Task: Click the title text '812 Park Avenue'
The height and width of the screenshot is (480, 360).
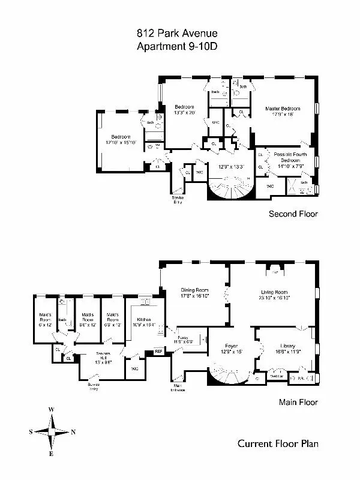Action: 179,35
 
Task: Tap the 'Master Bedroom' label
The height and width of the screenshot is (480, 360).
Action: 283,109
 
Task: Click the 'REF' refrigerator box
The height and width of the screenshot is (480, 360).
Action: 158,352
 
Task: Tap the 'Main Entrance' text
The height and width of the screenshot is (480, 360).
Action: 178,388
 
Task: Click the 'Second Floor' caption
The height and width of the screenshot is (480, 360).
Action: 293,214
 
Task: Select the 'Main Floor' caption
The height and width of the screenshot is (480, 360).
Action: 298,403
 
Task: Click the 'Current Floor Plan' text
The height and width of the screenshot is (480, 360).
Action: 278,444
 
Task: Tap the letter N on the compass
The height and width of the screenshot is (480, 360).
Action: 73,431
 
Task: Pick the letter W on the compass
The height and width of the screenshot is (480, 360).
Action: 52,410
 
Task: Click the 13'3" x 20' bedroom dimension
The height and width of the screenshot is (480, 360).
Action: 185,112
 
